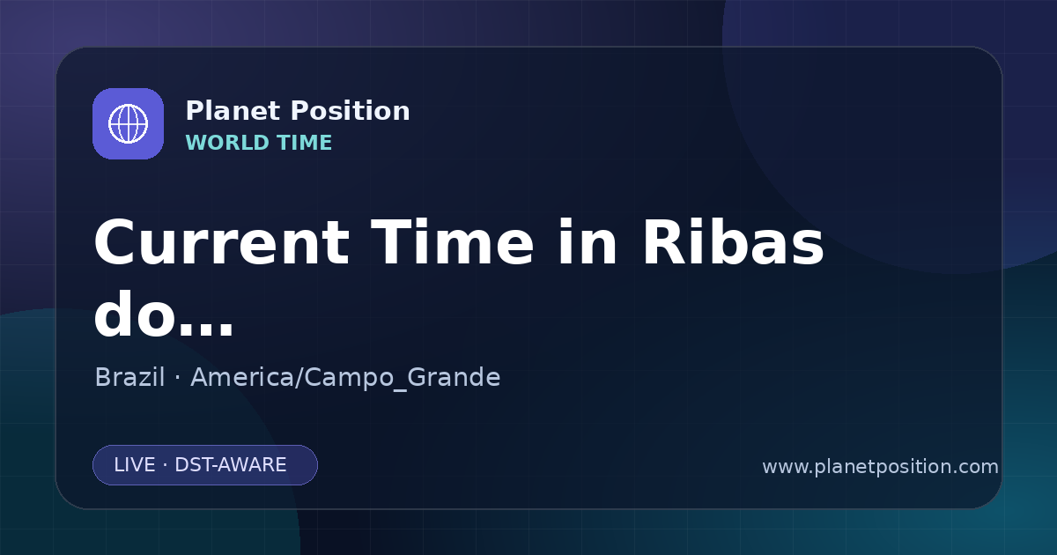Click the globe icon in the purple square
pos(128,123)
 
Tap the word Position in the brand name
pos(351,111)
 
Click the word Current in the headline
pos(222,242)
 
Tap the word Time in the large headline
pos(452,242)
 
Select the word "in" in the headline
pos(588,242)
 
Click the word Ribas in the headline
pos(733,242)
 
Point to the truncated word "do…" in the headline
pos(164,314)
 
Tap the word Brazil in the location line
pos(129,377)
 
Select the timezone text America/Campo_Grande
pos(345,378)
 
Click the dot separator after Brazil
pos(177,379)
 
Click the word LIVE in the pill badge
pos(135,465)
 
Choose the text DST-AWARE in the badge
pos(230,465)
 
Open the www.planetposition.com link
pos(880,467)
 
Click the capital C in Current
pos(115,242)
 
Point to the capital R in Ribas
pos(664,242)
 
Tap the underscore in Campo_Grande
pos(401,389)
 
